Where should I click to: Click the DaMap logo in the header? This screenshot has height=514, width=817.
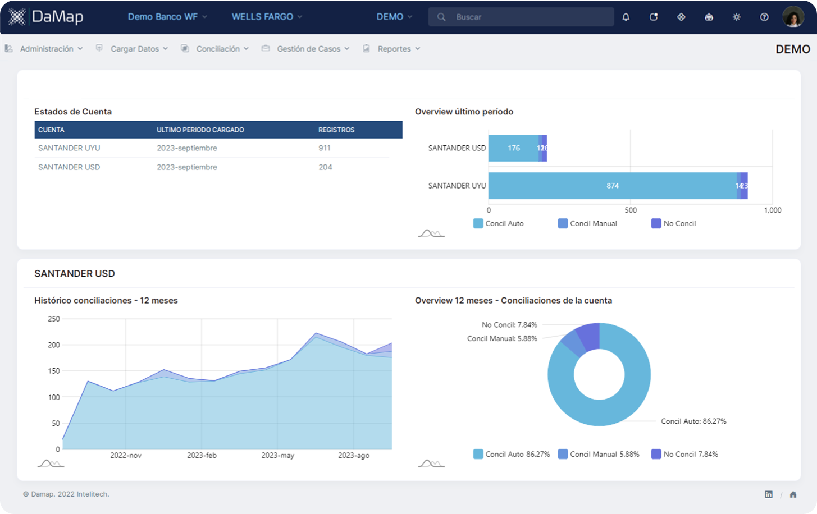(46, 17)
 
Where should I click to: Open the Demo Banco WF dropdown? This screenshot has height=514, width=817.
(167, 17)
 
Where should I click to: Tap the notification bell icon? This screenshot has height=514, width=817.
(626, 17)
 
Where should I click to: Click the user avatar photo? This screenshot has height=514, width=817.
(793, 17)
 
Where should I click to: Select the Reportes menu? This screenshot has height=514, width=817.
(394, 49)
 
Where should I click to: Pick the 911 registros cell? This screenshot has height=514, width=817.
(325, 148)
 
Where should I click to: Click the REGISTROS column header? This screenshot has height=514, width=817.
(336, 130)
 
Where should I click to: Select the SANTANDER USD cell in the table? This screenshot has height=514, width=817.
(69, 167)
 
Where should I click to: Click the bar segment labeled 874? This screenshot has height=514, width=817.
(612, 186)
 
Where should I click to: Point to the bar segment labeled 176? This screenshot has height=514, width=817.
(513, 148)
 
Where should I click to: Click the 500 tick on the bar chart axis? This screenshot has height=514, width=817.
(631, 210)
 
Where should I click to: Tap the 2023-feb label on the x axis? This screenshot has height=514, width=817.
(202, 455)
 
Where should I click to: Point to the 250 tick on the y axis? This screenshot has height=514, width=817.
(54, 319)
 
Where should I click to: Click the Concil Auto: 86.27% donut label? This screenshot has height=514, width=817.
(693, 421)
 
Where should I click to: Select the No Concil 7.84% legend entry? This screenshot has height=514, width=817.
(684, 454)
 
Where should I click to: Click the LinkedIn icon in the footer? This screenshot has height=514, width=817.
(769, 494)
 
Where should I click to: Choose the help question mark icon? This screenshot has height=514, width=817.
(764, 17)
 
